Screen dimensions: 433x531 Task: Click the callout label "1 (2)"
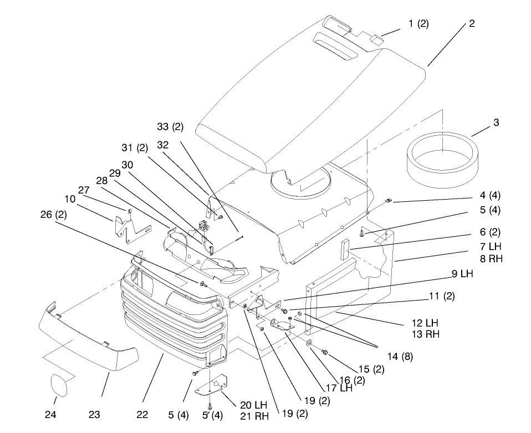point(418,23)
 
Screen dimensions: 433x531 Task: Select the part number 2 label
point(471,23)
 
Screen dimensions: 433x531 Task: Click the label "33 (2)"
point(170,127)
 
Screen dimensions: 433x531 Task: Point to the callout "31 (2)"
point(135,147)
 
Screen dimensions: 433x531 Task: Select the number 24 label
point(55,413)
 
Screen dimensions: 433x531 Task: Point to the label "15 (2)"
point(371,369)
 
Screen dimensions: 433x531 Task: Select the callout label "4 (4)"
point(489,195)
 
